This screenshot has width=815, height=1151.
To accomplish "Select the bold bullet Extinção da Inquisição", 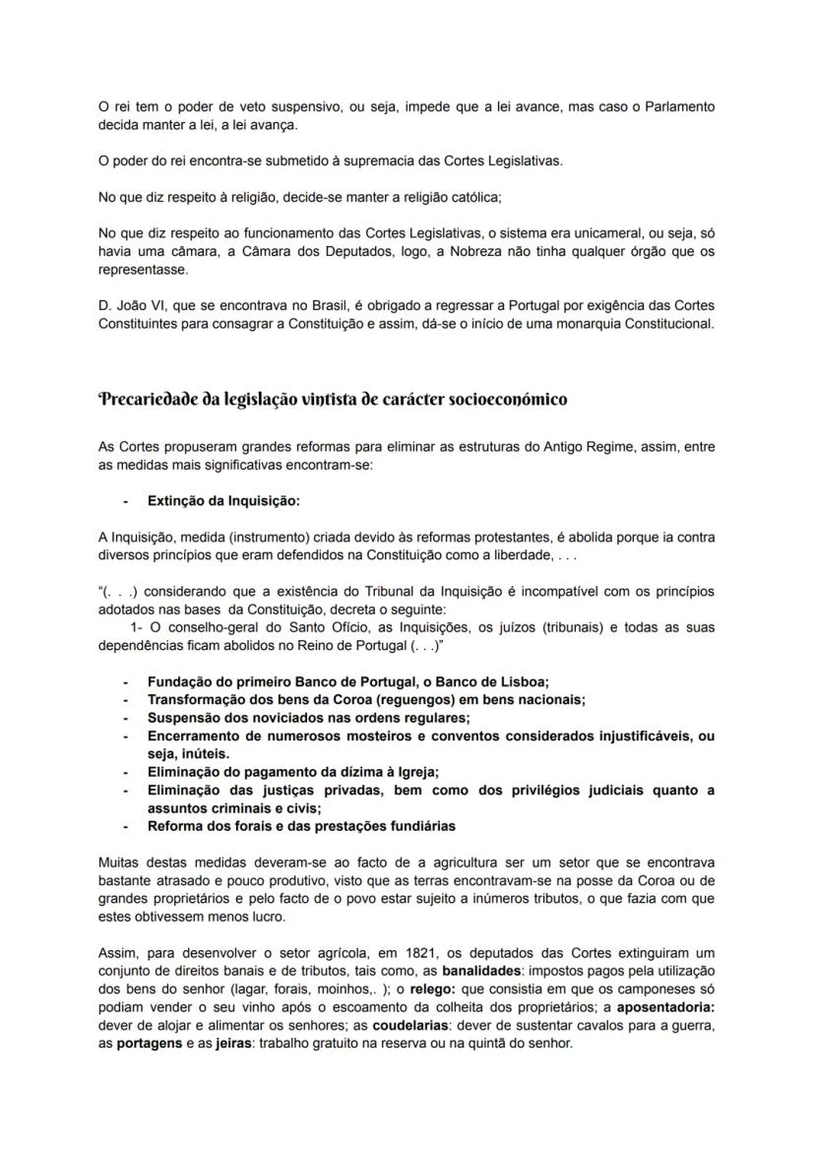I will (x=223, y=500).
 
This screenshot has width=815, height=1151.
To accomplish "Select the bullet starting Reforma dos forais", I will (x=301, y=826).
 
